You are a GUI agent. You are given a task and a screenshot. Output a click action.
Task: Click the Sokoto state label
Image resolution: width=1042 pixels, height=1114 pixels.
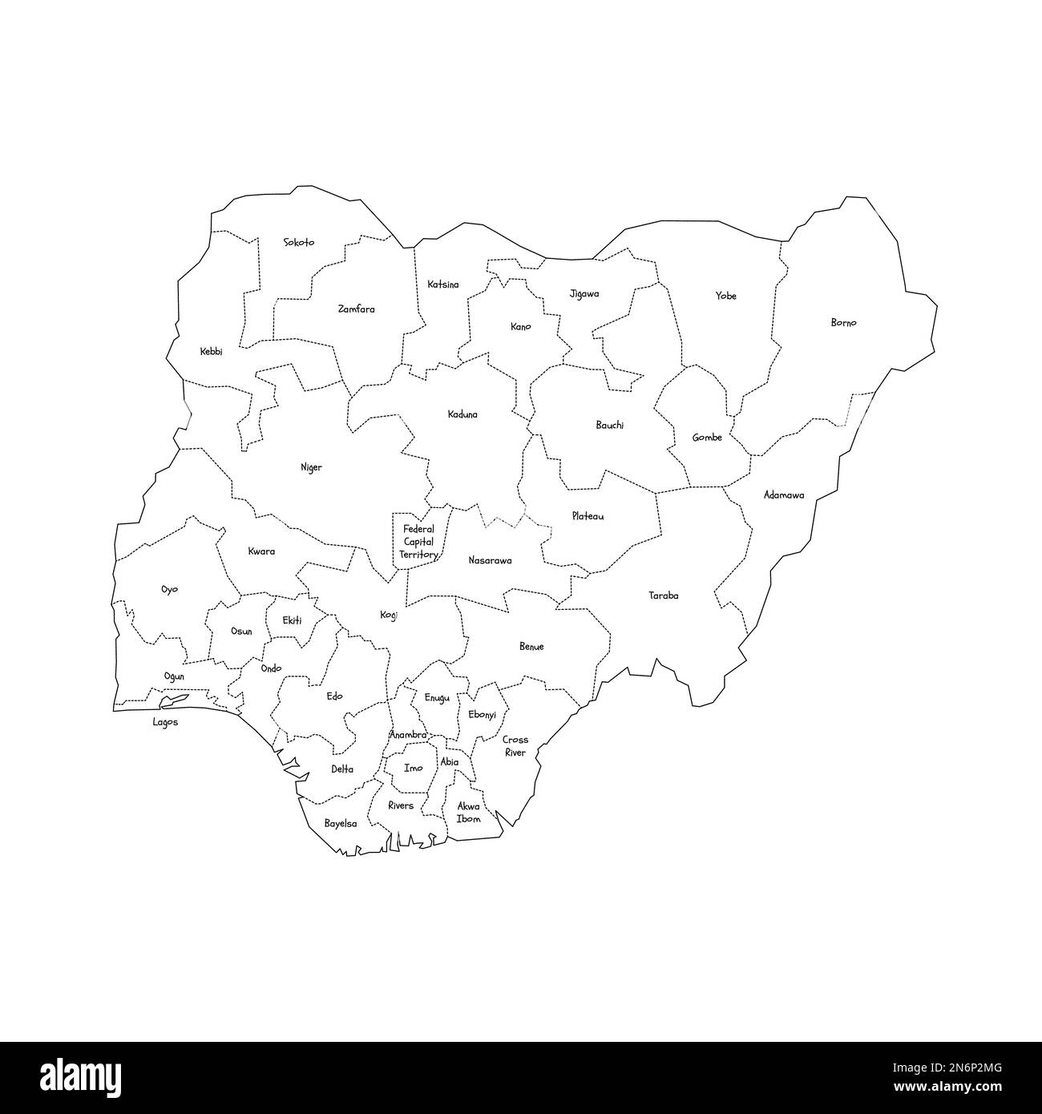click(x=299, y=242)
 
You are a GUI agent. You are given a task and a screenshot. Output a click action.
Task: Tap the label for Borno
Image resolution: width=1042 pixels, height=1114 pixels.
click(x=843, y=323)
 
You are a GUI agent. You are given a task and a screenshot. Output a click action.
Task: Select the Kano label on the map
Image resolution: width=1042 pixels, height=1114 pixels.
click(x=521, y=327)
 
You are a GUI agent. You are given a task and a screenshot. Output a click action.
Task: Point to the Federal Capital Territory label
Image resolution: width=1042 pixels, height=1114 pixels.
click(x=418, y=542)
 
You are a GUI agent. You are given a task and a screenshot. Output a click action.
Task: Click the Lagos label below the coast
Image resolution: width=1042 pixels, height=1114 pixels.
click(x=166, y=722)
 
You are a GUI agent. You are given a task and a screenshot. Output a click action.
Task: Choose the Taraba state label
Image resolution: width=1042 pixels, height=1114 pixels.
click(x=664, y=595)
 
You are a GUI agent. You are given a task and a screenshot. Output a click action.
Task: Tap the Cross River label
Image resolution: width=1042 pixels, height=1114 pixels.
click(x=515, y=746)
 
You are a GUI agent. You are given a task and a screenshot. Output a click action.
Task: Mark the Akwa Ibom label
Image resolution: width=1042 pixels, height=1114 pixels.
click(x=468, y=813)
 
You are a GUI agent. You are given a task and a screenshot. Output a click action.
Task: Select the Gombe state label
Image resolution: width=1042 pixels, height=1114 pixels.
click(x=707, y=438)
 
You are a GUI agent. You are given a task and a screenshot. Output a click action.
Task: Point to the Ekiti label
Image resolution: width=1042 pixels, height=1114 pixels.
click(x=293, y=620)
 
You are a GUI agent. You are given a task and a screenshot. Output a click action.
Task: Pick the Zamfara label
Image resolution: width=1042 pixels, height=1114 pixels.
click(x=356, y=309)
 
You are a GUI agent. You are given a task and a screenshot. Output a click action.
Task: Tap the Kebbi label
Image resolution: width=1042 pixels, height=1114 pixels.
click(x=212, y=351)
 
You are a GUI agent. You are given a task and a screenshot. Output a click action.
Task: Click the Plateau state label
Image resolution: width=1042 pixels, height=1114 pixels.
click(x=588, y=516)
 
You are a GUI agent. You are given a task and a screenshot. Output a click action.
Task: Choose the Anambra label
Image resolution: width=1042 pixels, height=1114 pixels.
click(x=408, y=735)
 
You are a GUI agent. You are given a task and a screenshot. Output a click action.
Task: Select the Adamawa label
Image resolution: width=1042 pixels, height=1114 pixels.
click(x=784, y=495)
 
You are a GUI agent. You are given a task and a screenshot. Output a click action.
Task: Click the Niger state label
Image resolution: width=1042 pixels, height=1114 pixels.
click(x=311, y=467)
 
